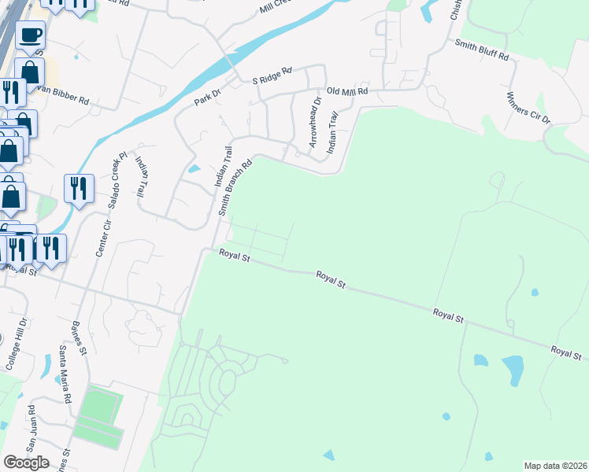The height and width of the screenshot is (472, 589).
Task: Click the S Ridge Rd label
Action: pos(272,75)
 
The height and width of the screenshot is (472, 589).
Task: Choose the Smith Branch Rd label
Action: pos(235,188)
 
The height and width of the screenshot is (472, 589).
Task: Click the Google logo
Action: pos(26,462)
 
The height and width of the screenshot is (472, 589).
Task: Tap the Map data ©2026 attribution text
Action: pos(556,465)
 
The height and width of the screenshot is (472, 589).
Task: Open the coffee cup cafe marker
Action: pos(30,34)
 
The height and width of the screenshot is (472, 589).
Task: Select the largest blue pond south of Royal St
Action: pos(513,367)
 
